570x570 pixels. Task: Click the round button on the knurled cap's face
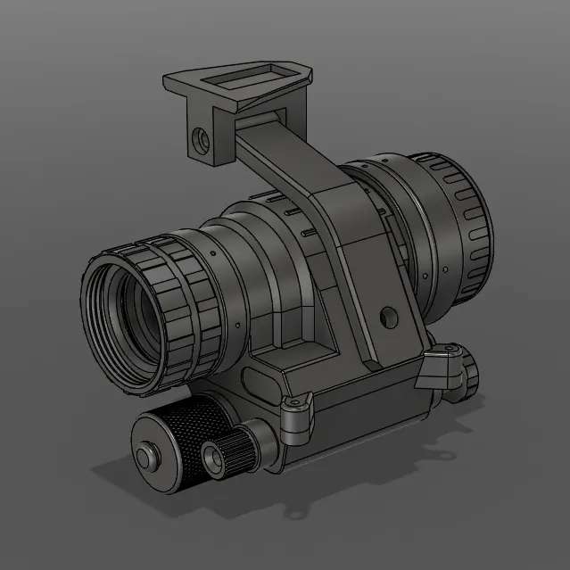[144, 458]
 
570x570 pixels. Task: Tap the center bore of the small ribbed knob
[215, 458]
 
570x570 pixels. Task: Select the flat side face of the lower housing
[357, 419]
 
